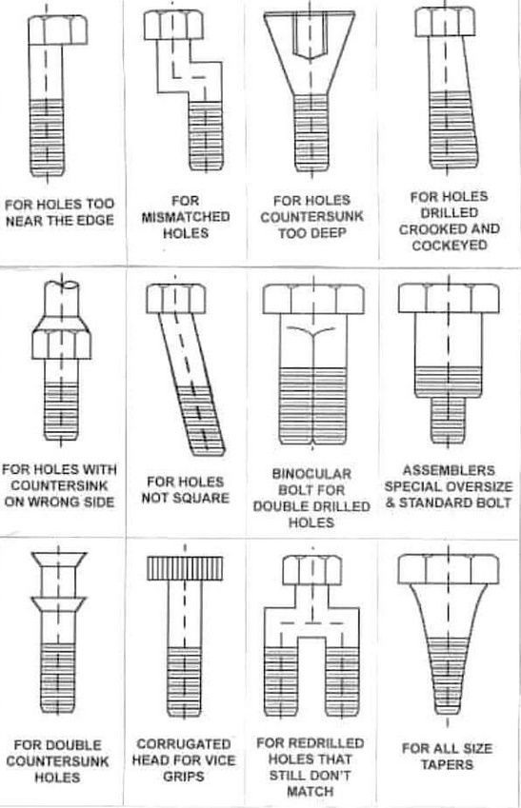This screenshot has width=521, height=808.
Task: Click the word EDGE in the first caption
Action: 95,220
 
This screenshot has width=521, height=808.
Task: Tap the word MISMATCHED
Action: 186,216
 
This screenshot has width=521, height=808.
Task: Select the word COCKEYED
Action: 450,245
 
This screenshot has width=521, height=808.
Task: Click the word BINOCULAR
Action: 311,474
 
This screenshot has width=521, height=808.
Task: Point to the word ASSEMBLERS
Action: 449,470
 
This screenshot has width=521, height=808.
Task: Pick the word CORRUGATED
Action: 184,744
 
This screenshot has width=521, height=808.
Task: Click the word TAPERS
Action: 447,764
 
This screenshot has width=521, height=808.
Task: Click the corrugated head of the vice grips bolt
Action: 185,568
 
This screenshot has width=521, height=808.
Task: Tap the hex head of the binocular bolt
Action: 313,299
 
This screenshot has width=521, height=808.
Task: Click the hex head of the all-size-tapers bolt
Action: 449,569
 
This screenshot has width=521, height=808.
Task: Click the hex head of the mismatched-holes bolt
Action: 173,26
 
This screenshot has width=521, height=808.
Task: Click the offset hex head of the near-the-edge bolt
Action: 57,30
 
